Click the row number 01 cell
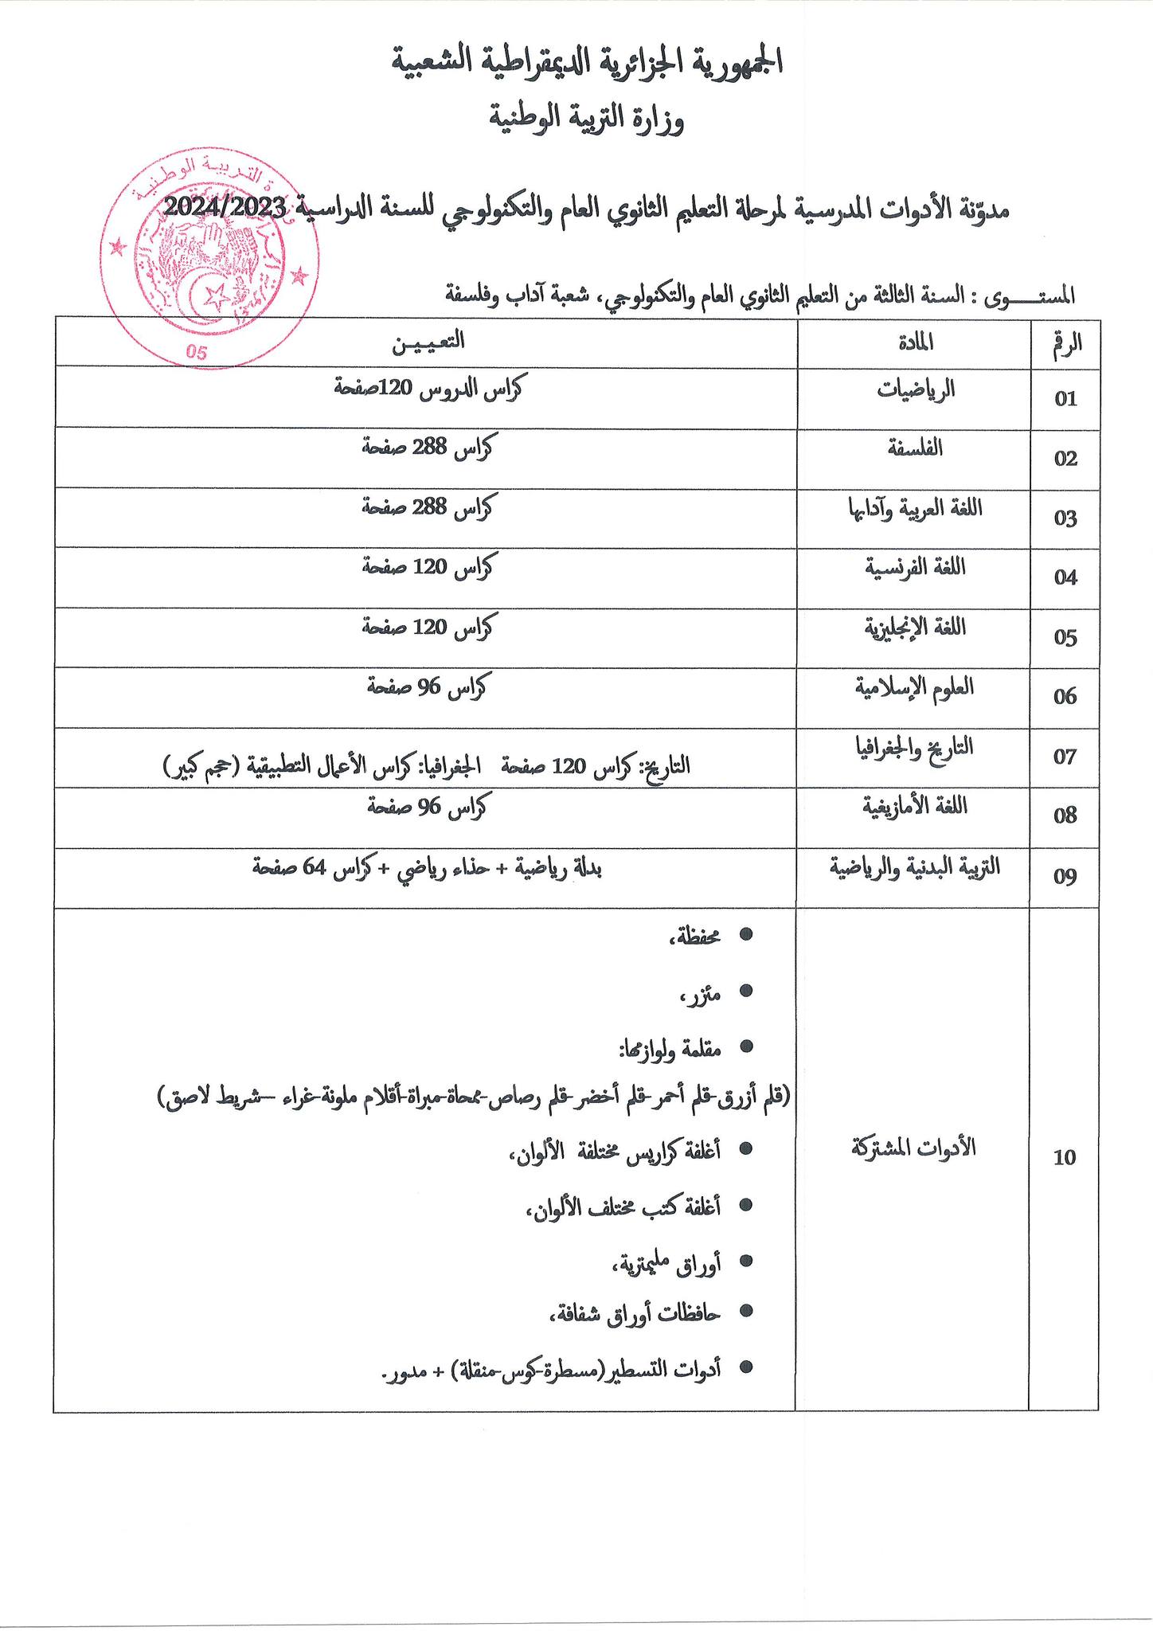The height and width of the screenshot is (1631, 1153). (1065, 398)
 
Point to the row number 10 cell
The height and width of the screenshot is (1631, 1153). (1065, 1158)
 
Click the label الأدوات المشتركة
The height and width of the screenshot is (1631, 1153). (913, 1148)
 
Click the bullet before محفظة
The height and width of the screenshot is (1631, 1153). (746, 935)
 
